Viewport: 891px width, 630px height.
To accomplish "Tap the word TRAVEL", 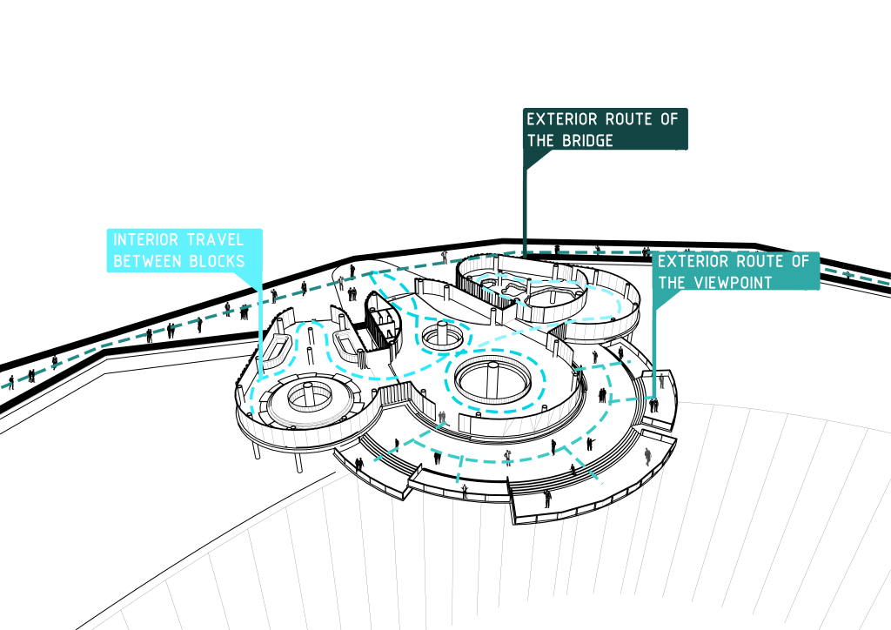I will [212, 239].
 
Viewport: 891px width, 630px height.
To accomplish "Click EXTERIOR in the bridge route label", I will [566, 118].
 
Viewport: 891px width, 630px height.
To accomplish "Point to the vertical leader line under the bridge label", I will [524, 209].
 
